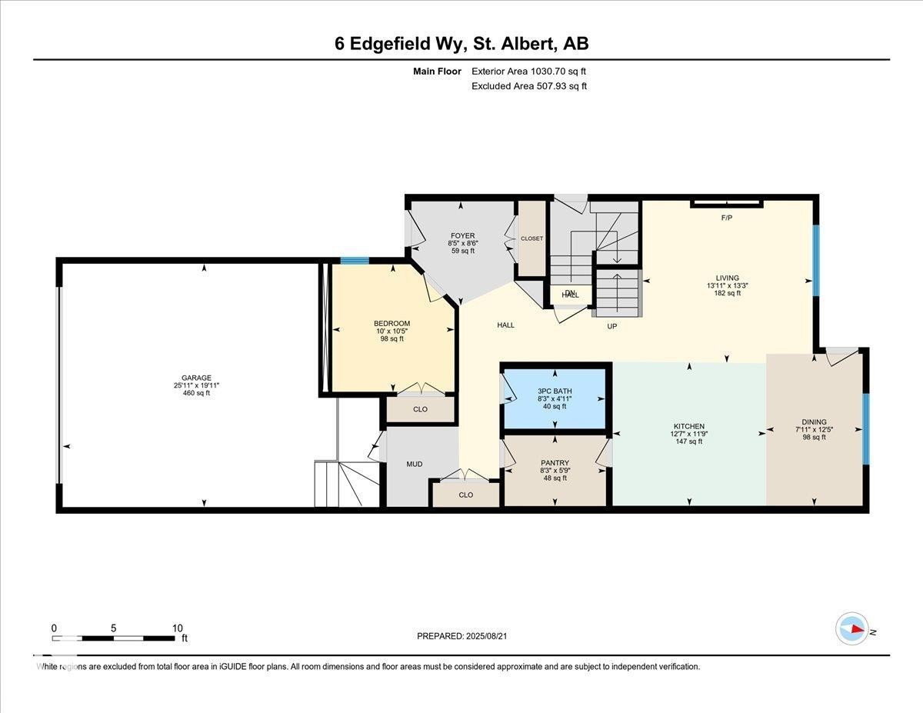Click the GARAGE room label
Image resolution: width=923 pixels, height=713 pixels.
click(x=197, y=378)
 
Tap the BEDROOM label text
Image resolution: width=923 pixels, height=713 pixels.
click(x=392, y=323)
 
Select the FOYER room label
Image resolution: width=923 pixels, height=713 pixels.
click(x=462, y=235)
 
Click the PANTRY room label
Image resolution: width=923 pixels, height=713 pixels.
click(x=555, y=463)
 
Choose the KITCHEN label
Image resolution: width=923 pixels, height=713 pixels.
click(x=688, y=426)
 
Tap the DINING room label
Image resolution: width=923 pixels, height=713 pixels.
click(x=814, y=421)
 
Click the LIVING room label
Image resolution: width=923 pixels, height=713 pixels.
click(x=727, y=278)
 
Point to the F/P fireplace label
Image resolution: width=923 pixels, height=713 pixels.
click(x=726, y=218)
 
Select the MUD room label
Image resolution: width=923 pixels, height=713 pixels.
click(x=414, y=464)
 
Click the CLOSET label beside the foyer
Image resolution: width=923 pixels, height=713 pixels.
click(x=531, y=238)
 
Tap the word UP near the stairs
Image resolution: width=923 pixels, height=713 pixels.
click(x=612, y=326)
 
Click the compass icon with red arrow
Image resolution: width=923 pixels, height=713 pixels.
click(x=852, y=628)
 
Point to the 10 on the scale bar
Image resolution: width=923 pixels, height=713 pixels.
click(x=177, y=628)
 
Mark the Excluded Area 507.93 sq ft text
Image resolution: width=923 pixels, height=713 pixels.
click(x=528, y=86)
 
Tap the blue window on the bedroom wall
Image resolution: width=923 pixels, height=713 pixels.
click(x=355, y=260)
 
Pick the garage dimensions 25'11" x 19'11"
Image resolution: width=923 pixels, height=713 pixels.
click(x=197, y=385)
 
